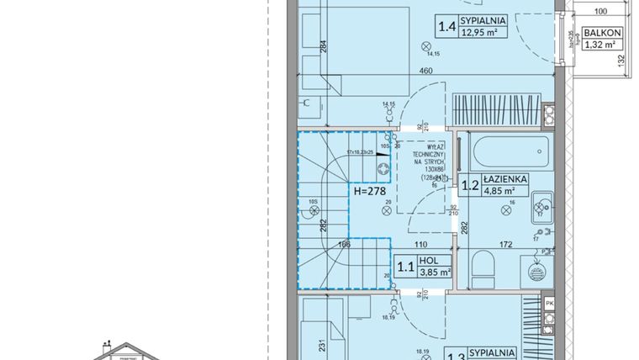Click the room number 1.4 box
(x=446, y=26)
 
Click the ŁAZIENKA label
(x=504, y=178)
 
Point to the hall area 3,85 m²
(x=436, y=272)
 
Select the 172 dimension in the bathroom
(x=506, y=245)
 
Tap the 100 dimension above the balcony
(x=599, y=12)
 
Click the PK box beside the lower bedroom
(x=549, y=302)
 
